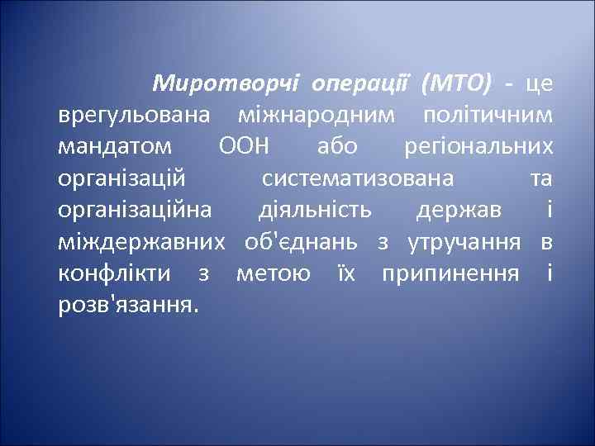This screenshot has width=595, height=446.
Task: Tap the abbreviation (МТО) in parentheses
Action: pos(455,83)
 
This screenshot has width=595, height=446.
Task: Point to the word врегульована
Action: pos(136,115)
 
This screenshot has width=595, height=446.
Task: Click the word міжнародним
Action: pos(313,115)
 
